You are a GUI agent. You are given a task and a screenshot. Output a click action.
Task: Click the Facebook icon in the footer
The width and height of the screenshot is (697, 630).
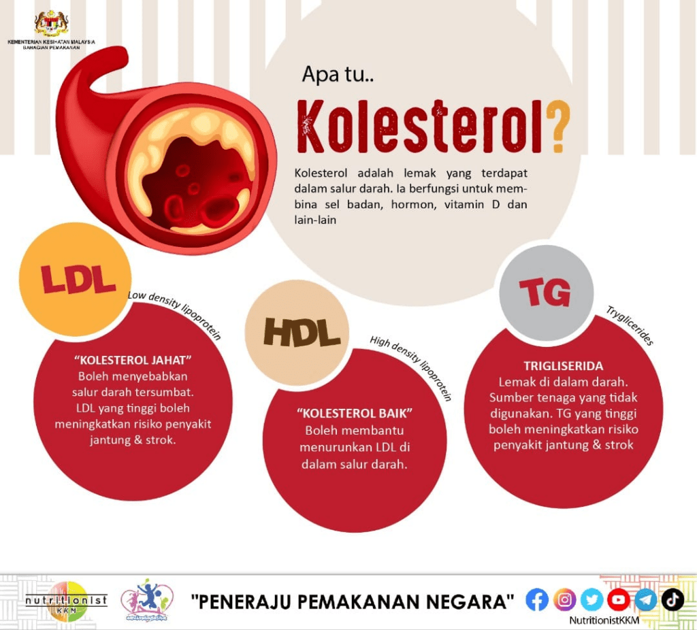(x=537, y=599)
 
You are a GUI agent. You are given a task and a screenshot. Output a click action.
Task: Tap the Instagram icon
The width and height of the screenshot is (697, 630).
(x=564, y=599)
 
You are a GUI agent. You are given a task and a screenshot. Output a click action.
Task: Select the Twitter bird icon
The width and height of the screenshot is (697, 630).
(x=591, y=599)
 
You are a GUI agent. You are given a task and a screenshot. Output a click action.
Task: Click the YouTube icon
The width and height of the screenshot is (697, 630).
(x=619, y=599)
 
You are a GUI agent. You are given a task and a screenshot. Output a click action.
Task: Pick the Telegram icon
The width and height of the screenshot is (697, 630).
(x=646, y=599)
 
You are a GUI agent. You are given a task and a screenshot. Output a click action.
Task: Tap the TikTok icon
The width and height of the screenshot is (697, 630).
(x=672, y=599)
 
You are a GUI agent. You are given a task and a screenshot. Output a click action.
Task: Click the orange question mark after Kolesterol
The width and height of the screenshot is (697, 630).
(x=557, y=127)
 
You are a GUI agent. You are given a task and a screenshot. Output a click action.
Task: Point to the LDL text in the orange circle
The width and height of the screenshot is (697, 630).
(x=78, y=278)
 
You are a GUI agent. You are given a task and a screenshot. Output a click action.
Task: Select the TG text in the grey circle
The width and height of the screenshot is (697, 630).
(x=545, y=293)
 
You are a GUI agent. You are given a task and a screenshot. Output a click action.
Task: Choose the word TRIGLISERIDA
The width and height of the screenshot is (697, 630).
(x=563, y=365)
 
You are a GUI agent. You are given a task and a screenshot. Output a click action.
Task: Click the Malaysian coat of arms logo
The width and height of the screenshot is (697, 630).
(x=52, y=23)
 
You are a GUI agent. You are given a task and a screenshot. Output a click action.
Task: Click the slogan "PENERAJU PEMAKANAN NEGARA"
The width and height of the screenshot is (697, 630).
(x=353, y=601)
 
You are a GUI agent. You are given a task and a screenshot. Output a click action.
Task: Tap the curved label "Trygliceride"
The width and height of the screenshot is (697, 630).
(x=630, y=326)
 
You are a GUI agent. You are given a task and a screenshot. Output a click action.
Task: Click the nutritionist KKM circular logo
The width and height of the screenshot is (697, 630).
(x=67, y=601)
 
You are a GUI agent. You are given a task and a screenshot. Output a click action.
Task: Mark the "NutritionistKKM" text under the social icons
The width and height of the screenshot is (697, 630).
(x=604, y=620)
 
